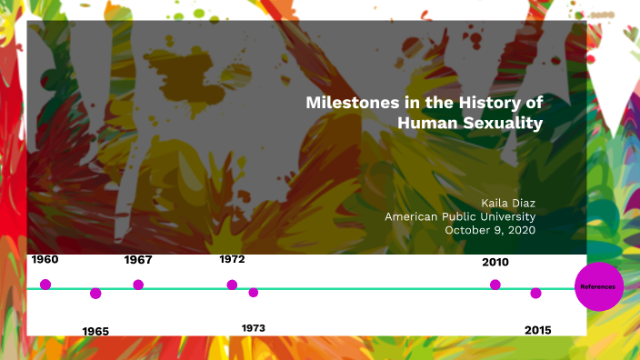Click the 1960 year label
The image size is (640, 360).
point(45,260)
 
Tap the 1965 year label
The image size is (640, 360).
point(95,331)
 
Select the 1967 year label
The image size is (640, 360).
point(138,260)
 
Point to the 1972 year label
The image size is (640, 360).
point(232,260)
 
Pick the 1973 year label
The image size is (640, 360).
point(254,327)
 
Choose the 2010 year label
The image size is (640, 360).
point(495,262)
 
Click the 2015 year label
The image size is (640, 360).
point(538,330)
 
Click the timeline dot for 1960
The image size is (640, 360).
point(45,285)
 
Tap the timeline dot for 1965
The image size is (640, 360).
point(95,293)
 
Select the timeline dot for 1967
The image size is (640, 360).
point(138,285)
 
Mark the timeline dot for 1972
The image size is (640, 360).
point(232,285)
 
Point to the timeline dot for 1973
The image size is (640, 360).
point(254,292)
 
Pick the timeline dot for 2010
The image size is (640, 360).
point(495,285)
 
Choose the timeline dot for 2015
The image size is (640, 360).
point(536,293)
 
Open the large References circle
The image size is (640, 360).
point(599,287)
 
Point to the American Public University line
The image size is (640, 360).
point(460,216)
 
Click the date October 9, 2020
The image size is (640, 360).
point(490,230)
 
